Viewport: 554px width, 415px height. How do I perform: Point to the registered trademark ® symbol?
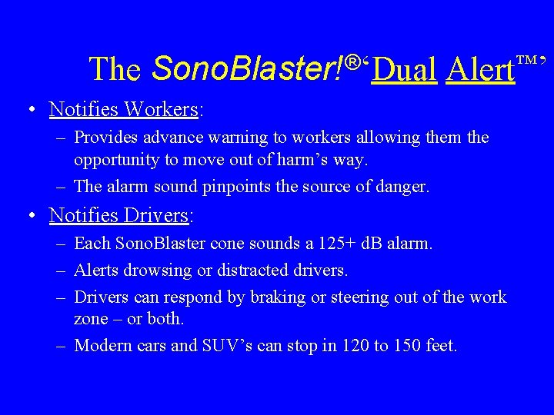pos(353,61)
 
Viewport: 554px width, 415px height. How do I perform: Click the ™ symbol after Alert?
pos(528,60)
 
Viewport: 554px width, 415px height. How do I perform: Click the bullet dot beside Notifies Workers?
pos(29,109)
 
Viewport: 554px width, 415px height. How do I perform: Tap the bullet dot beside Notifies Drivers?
pos(29,215)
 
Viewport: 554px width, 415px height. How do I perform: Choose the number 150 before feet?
pos(407,346)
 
